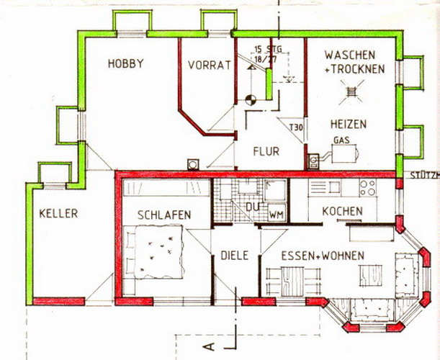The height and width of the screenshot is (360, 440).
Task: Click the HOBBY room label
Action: pos(125,63)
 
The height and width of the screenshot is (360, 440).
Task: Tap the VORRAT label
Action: pos(210,65)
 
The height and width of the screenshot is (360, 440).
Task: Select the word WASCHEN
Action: pos(350,55)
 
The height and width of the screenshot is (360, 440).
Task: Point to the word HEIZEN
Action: pos(349,124)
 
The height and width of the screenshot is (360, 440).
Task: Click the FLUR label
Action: pos(266,151)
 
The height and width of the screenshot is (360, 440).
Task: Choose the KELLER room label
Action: pos(58,214)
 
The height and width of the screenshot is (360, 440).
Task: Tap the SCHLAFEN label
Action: pos(164,215)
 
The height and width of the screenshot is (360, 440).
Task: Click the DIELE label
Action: pos(234,256)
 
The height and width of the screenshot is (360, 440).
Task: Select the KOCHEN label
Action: pos(342,211)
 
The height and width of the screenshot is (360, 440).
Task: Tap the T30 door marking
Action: pos(296,128)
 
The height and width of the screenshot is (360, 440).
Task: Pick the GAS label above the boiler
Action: pos(341,140)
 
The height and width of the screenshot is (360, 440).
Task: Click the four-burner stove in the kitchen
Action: pos(368,188)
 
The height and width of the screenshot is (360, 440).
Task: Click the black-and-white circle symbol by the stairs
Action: pos(251,100)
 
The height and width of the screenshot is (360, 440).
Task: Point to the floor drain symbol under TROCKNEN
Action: pos(351,91)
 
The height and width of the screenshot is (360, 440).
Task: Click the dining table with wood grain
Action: pos(292,280)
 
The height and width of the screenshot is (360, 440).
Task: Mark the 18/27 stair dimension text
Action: pos(265,60)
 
